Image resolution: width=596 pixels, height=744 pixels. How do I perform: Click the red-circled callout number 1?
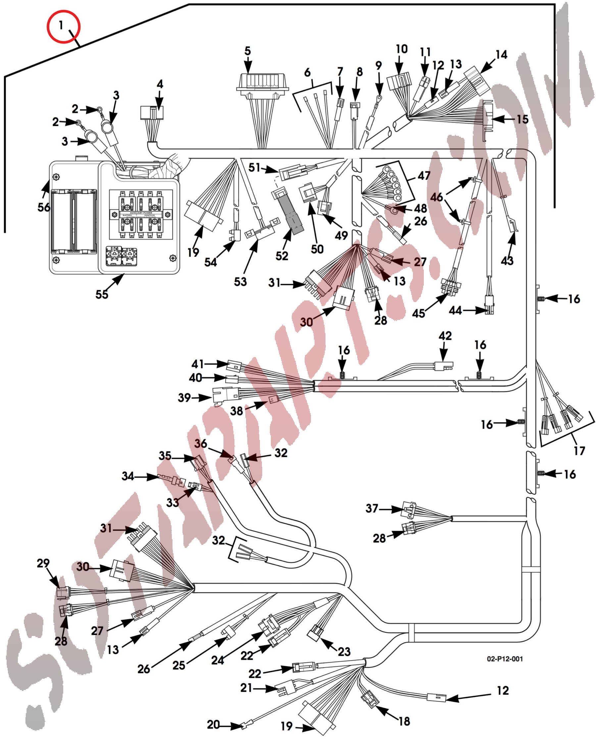61,25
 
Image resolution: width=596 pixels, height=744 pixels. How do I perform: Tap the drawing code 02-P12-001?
505,659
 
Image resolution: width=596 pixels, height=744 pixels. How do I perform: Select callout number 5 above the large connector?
248,51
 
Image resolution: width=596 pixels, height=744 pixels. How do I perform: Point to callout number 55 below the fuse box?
102,294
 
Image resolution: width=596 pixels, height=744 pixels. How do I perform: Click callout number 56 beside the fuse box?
44,207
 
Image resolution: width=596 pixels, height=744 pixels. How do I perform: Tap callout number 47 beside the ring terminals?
424,176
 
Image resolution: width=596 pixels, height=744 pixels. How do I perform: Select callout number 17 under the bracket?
579,451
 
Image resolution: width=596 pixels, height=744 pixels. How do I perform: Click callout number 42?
445,336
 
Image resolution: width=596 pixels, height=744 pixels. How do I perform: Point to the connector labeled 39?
226,396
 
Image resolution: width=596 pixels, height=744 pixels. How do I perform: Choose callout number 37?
372,508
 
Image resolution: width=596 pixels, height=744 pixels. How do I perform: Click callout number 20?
213,724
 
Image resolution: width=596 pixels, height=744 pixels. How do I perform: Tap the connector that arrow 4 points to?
152,113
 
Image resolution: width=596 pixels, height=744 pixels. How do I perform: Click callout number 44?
455,310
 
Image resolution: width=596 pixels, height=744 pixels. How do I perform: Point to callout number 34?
127,476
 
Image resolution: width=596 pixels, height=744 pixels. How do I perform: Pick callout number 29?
43,563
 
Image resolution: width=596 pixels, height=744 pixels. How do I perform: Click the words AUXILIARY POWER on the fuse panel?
141,213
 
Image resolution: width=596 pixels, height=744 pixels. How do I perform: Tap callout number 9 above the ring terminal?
379,65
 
